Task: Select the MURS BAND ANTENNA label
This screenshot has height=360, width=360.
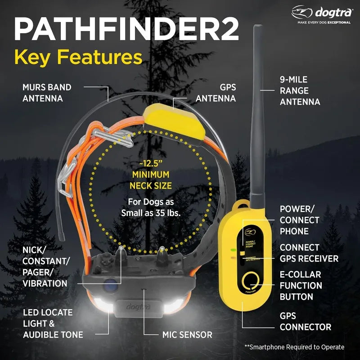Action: [47, 92]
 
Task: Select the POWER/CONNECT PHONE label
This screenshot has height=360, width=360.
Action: [299, 220]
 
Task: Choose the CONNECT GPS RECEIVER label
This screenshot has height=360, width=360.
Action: [309, 253]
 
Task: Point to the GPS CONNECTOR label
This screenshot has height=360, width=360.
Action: [305, 321]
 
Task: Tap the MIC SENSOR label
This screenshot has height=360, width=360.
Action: [187, 334]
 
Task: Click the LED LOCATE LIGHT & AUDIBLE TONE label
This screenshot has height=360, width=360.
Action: [53, 323]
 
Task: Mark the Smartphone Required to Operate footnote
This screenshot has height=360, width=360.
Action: [294, 347]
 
